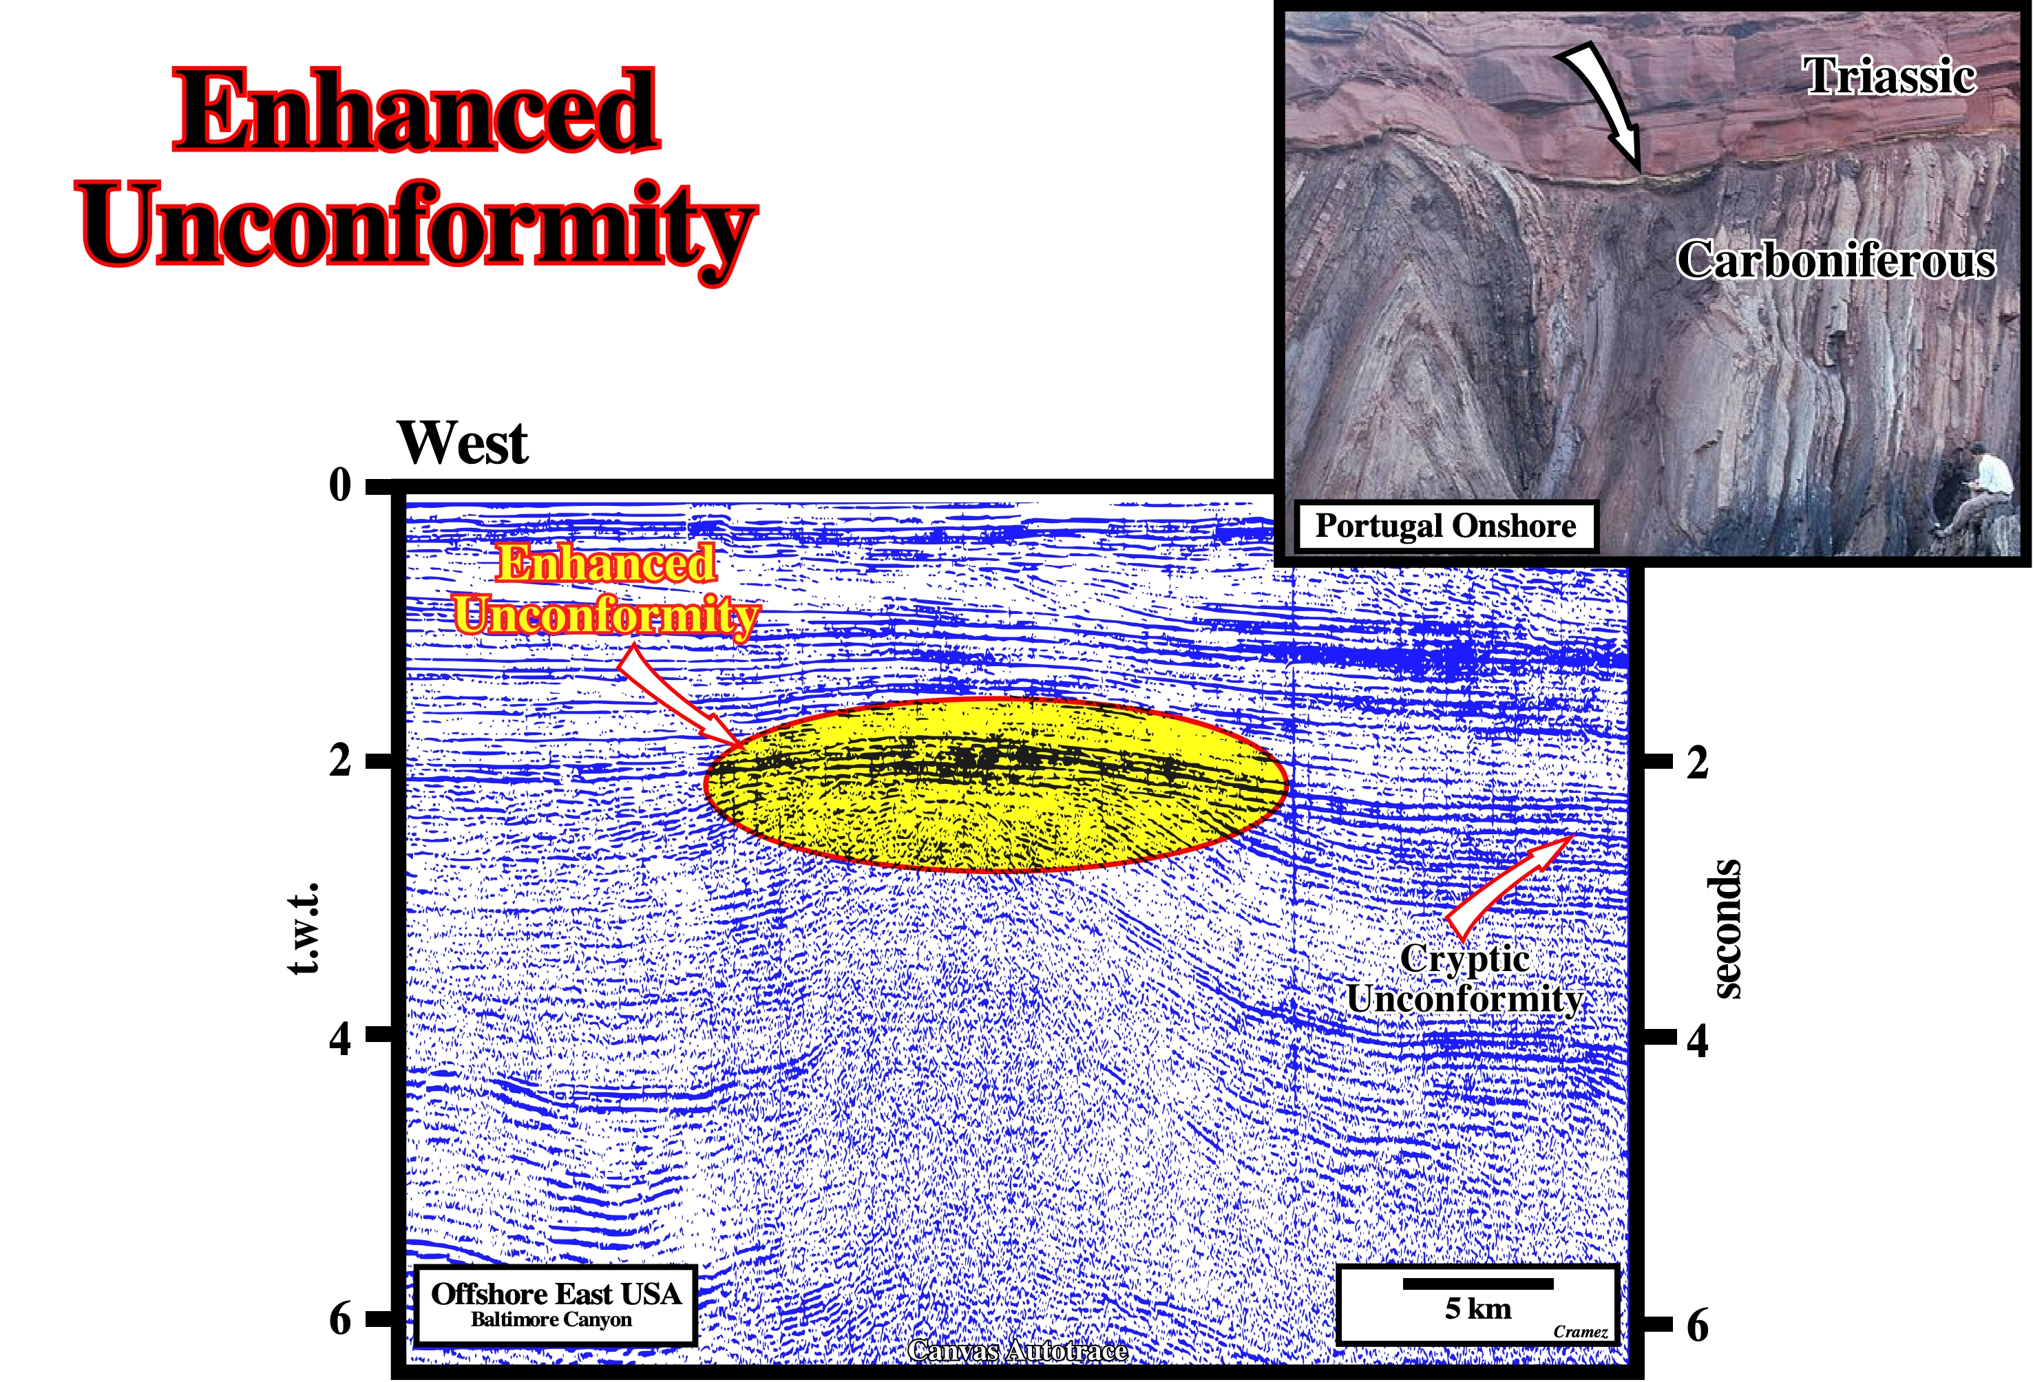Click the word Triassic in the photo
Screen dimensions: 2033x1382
(1890, 76)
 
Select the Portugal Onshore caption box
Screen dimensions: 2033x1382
(1446, 526)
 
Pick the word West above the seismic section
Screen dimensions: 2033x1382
(462, 443)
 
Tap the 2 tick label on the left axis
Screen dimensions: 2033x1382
(340, 759)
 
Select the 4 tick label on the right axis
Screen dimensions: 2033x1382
(1697, 1040)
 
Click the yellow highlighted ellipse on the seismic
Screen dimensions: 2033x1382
(996, 785)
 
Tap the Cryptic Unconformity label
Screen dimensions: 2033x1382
(1465, 979)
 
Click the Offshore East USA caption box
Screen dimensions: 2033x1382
(556, 1304)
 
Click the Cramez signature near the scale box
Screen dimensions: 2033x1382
(1580, 1332)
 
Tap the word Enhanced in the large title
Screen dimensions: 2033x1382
(416, 110)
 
